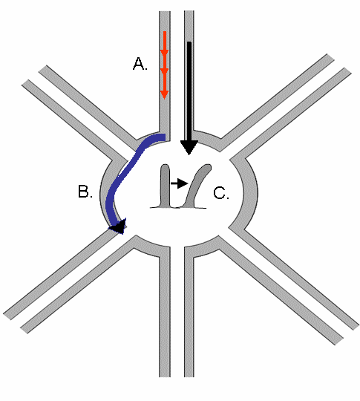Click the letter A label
click(140, 64)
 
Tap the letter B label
click(85, 192)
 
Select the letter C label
click(221, 193)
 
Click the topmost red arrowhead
click(164, 52)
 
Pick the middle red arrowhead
click(164, 71)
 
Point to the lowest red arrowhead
click(164, 94)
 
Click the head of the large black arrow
click(189, 147)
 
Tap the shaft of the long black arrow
click(189, 91)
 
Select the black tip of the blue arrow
click(119, 226)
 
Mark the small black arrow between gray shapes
click(180, 183)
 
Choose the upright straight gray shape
click(165, 186)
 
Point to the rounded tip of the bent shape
click(208, 167)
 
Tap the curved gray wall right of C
click(250, 194)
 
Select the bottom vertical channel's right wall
click(189, 315)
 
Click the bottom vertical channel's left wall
click(165, 315)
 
